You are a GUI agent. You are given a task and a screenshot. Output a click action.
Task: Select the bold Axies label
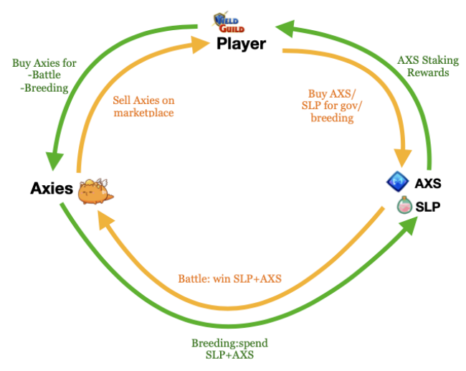[x=51, y=189]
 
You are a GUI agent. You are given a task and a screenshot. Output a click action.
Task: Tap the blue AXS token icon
[x=397, y=182]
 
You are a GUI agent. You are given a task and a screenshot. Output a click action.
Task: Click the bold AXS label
[x=428, y=183]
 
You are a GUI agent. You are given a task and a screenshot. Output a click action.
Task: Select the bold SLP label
[x=428, y=207]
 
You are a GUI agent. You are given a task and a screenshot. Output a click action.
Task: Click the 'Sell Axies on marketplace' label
[x=143, y=106]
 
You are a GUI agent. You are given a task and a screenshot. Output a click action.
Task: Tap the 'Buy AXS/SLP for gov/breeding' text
[x=331, y=105]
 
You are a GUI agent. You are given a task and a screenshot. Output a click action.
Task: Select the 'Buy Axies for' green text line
[x=44, y=62]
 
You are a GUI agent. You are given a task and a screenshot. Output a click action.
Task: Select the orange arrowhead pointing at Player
[x=201, y=48]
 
